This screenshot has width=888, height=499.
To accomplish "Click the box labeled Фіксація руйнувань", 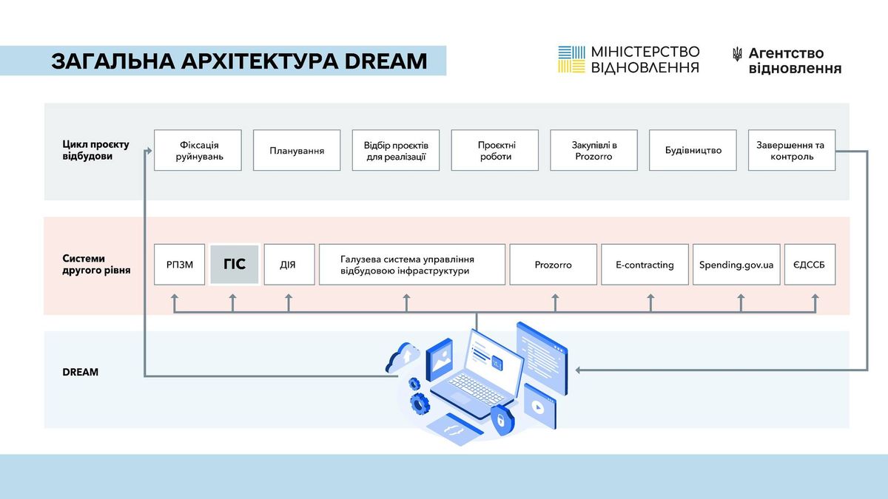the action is point(198,150).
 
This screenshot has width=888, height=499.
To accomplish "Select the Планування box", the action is point(297,150).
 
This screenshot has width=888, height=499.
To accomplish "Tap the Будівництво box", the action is point(693,150).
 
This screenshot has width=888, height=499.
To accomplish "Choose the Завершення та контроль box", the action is point(792,150).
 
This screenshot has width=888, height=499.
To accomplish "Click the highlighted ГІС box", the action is point(235,264).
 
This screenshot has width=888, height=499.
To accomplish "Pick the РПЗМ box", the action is point(180,264).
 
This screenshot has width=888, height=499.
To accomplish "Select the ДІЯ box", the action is point(289,264).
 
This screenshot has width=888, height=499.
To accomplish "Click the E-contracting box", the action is point(645,264).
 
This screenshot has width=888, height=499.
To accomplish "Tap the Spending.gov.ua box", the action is point(736,264).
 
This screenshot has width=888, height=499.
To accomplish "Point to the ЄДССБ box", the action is point(810,264).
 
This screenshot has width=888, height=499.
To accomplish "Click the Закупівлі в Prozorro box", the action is point(593,150).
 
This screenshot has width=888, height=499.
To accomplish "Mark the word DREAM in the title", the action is point(386,61).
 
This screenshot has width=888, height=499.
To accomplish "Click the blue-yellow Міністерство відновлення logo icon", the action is point(571,59).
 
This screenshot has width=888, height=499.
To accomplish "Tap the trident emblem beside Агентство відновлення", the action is point(737,54).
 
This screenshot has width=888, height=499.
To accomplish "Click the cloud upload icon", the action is point(403,358).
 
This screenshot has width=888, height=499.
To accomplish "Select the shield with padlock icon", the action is point(502,419).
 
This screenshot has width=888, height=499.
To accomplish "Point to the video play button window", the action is point(539,406).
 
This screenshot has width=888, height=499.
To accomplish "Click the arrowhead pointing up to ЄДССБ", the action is point(815,297).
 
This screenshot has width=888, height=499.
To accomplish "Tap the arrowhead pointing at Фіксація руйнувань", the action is point(149,151).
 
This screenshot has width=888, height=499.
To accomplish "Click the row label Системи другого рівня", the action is point(96,264).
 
